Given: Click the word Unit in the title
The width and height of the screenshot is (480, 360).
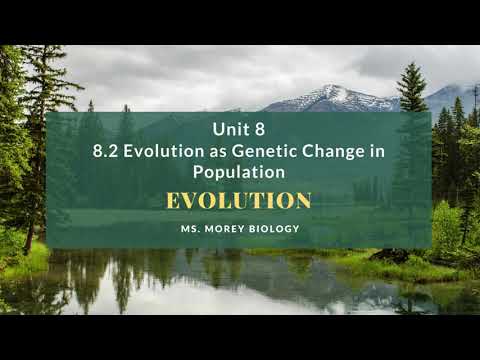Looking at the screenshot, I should click(x=229, y=129).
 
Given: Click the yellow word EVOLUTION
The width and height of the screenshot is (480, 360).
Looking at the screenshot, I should click(x=238, y=200).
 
